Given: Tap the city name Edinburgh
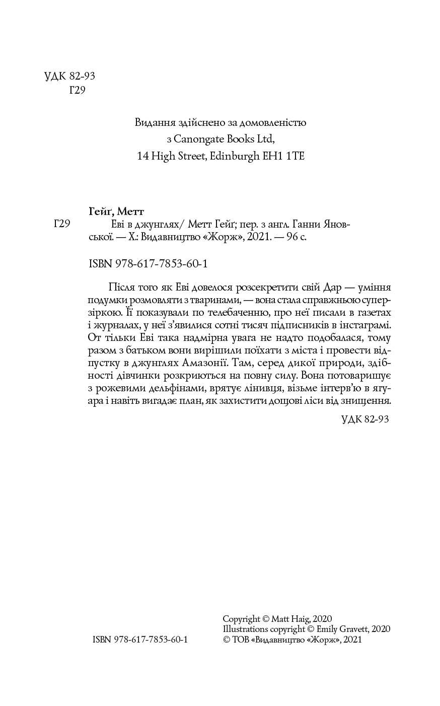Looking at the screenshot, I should (232, 156).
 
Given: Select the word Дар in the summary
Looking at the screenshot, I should (331, 287).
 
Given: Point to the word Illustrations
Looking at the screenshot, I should (246, 629).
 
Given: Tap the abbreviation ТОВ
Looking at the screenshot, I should (240, 640).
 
